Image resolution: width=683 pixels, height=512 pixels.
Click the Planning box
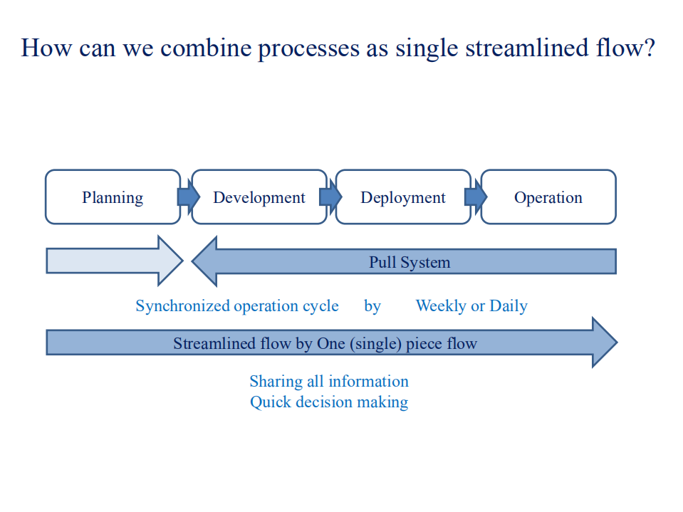(113, 197)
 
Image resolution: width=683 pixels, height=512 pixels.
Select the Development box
(259, 197)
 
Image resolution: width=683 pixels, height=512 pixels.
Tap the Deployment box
(403, 197)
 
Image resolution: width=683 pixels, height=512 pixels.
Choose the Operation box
(548, 197)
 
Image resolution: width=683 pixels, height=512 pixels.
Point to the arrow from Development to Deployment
(331, 196)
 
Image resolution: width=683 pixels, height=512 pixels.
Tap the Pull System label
(410, 262)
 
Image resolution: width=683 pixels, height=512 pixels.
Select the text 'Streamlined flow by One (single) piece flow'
(325, 344)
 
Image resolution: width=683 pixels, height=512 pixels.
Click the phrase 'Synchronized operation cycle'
(237, 306)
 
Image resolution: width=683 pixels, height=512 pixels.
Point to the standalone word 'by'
(372, 306)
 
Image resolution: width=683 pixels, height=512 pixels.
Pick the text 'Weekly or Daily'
(471, 306)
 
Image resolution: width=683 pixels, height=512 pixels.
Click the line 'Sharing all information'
(329, 382)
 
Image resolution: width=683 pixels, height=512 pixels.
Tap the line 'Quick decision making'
(329, 402)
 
